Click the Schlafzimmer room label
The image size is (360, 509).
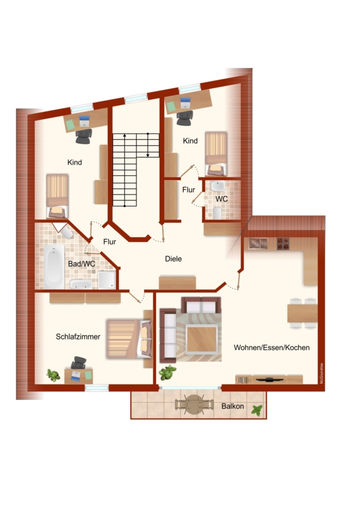78,337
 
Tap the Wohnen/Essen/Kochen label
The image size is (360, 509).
272,348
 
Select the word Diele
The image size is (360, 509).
173,258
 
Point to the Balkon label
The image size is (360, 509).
233,406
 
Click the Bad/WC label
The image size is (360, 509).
82,264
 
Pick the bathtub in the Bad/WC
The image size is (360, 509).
54,266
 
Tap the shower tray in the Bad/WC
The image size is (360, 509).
107,280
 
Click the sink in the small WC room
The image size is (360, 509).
217,186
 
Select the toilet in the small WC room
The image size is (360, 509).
217,213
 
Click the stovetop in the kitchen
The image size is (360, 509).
283,244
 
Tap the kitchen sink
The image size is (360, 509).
258,243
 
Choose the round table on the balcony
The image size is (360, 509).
194,404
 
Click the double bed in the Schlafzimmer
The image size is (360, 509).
128,339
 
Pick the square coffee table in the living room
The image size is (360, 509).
202,339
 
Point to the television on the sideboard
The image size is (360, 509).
269,379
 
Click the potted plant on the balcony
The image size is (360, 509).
257,411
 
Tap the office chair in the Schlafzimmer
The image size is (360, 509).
79,363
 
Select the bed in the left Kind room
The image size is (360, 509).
57,196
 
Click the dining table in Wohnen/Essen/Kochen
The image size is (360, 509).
302,313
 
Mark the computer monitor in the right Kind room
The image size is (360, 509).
186,103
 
